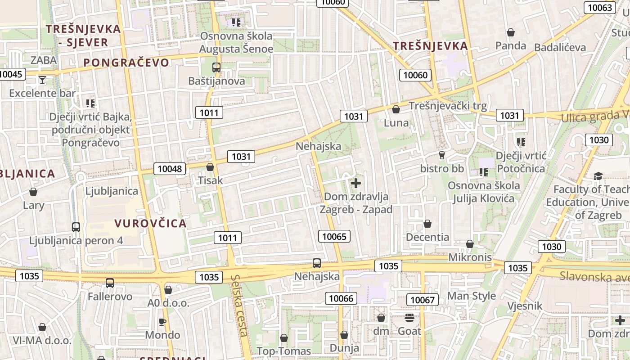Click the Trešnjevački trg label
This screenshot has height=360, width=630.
pos(447,106)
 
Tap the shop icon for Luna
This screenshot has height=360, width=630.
pos(396,109)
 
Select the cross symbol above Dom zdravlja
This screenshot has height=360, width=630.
pos(356,183)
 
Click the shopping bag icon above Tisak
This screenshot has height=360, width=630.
pos(210,167)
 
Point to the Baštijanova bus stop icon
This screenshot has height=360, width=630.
pos(216,68)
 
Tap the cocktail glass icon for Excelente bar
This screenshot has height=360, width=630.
pos(42,80)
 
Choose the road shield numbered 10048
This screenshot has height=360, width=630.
pos(170,169)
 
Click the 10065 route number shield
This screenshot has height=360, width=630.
pos(334,236)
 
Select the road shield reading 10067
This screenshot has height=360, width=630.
pos(422,300)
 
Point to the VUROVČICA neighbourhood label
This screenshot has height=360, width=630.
pos(150,223)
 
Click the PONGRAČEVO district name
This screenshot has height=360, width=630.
pos(126,63)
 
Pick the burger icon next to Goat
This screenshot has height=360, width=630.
pos(409,318)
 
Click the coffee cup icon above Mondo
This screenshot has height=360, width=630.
pos(162,322)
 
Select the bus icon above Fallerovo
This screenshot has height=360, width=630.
pos(110,283)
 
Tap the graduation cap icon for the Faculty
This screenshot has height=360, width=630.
pos(598,176)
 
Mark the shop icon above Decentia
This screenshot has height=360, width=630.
pos(427,224)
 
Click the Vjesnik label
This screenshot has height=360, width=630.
pos(525,306)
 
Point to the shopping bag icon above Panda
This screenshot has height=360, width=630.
pos(510,32)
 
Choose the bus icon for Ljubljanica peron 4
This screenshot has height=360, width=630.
pos(76,227)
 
